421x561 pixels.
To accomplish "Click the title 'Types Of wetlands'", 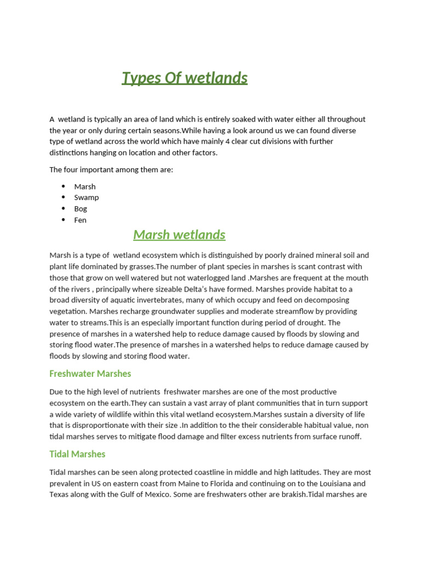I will click(x=184, y=78).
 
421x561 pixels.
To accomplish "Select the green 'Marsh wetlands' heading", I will click(x=179, y=234).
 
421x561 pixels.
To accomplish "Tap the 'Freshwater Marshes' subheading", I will click(x=90, y=374).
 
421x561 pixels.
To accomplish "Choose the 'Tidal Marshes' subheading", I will click(x=77, y=454).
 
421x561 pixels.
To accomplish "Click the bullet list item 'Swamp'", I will click(x=87, y=197).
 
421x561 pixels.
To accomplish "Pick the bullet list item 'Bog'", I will click(x=81, y=209).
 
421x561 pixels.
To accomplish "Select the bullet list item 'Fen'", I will click(x=80, y=220).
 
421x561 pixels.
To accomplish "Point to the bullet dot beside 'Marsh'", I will click(x=63, y=186).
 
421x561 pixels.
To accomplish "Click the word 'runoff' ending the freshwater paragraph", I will click(x=348, y=437).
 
